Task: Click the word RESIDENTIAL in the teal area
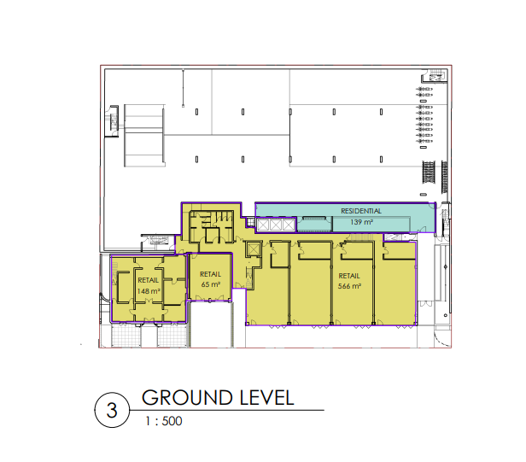(x=361, y=211)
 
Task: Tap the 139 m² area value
(x=362, y=222)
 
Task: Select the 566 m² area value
(x=349, y=286)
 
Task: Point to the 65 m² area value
(x=211, y=284)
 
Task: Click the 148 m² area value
(x=149, y=291)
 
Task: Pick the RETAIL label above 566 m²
(x=349, y=276)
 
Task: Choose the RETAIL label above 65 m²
(x=210, y=274)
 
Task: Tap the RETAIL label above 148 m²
(x=149, y=280)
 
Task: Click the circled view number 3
(x=112, y=410)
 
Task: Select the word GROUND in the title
(x=187, y=398)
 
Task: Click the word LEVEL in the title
(x=267, y=398)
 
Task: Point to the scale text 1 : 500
(x=164, y=421)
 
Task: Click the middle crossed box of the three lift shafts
(x=276, y=225)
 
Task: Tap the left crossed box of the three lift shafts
(x=263, y=225)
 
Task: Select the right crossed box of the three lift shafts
(x=288, y=225)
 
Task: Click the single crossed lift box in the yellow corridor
(x=254, y=249)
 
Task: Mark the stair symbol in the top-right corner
(x=435, y=76)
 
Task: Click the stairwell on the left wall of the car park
(x=113, y=120)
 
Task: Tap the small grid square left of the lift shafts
(x=250, y=222)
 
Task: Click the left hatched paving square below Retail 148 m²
(x=126, y=336)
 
